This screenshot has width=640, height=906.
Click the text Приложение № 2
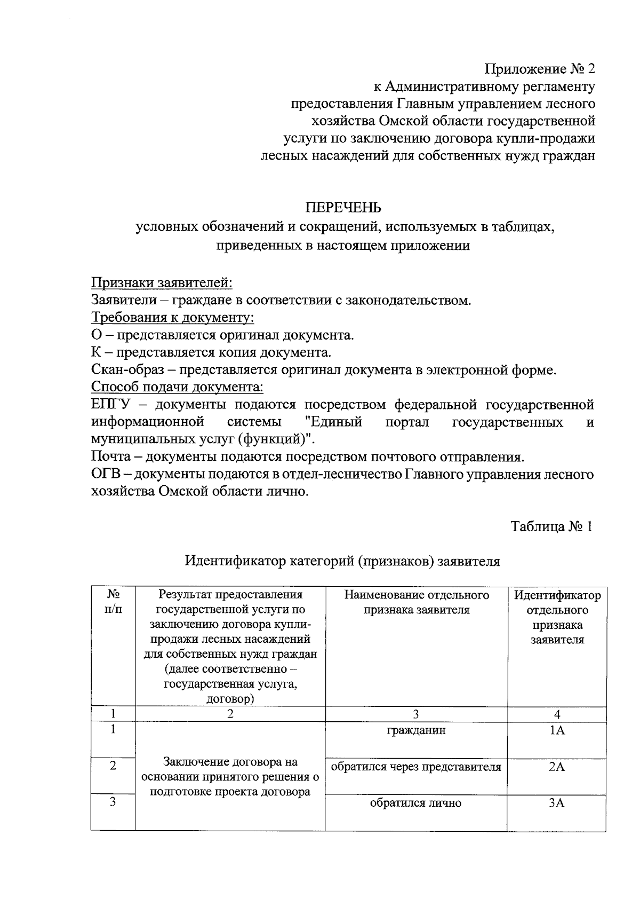(539, 69)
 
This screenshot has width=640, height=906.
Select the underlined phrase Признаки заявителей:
(162, 282)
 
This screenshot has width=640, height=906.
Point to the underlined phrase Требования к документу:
(172, 318)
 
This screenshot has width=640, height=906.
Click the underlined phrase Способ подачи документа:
(178, 386)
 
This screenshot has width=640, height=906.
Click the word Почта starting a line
(111, 457)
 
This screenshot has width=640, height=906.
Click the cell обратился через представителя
(416, 767)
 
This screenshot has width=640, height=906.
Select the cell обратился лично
(416, 803)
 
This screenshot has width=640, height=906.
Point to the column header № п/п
(113, 602)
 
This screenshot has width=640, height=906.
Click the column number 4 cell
(556, 714)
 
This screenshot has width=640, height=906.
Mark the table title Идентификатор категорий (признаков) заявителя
(342, 561)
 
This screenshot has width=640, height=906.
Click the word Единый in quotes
(333, 422)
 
